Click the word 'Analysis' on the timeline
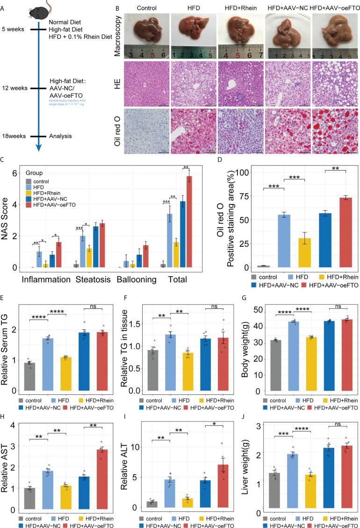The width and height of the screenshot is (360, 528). pos(60,136)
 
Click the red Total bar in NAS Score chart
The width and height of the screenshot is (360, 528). pos(176,222)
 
